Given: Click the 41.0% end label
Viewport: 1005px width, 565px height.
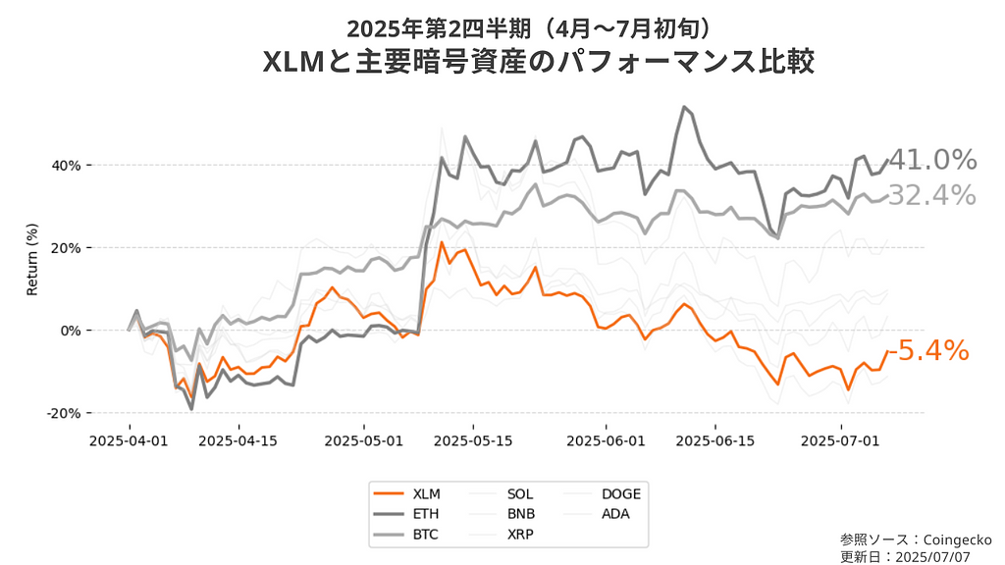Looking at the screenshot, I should click(x=933, y=160).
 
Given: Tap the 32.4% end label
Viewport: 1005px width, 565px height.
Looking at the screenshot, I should click(x=933, y=195).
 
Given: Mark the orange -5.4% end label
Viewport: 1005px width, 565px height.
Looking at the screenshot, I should click(x=928, y=350).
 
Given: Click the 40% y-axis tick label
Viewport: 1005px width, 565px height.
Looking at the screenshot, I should click(x=67, y=165).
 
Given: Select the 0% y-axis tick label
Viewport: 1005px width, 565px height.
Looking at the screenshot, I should click(x=71, y=331).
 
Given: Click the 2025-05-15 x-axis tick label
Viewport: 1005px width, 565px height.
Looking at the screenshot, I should click(x=473, y=440).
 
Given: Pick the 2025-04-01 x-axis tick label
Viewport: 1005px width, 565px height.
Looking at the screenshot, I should click(x=129, y=440).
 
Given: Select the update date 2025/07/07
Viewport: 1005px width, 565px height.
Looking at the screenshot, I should click(x=941, y=555).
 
